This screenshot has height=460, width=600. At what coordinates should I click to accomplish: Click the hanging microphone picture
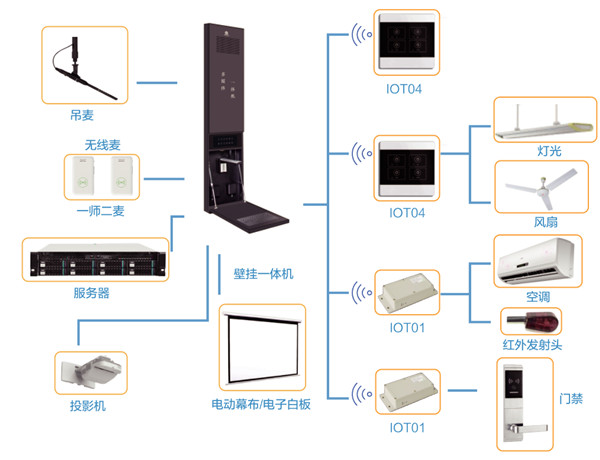(85, 65)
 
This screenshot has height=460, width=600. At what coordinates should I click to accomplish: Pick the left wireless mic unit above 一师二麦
(81, 178)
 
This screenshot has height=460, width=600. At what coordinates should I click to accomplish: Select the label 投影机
(88, 406)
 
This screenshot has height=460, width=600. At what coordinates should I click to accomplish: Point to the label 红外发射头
(530, 347)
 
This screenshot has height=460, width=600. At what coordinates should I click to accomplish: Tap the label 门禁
(573, 400)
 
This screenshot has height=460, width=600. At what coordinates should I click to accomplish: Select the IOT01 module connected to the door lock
(408, 394)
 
